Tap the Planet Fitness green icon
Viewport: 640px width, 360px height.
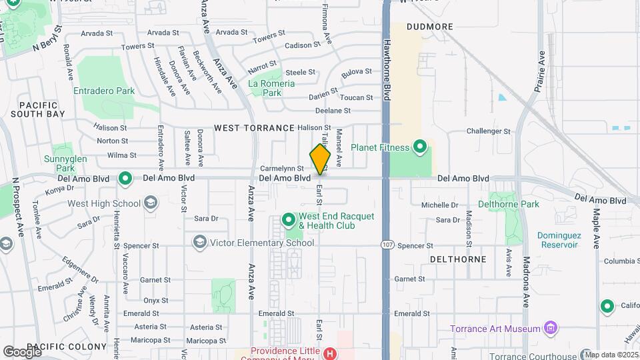[419, 146]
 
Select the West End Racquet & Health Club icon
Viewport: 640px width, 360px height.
[288, 219]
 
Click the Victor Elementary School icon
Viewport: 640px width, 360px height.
[199, 242]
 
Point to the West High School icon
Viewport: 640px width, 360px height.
[151, 203]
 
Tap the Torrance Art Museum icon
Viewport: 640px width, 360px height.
[550, 328]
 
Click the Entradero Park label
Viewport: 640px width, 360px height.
[104, 91]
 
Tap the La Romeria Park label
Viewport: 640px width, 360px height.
[271, 88]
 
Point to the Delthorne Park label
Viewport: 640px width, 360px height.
[509, 204]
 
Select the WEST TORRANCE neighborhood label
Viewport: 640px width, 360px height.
[254, 127]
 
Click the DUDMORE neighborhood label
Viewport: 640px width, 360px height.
[430, 27]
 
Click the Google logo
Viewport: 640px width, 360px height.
[22, 351]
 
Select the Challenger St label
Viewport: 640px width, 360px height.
[488, 131]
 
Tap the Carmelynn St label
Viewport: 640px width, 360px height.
[282, 169]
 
